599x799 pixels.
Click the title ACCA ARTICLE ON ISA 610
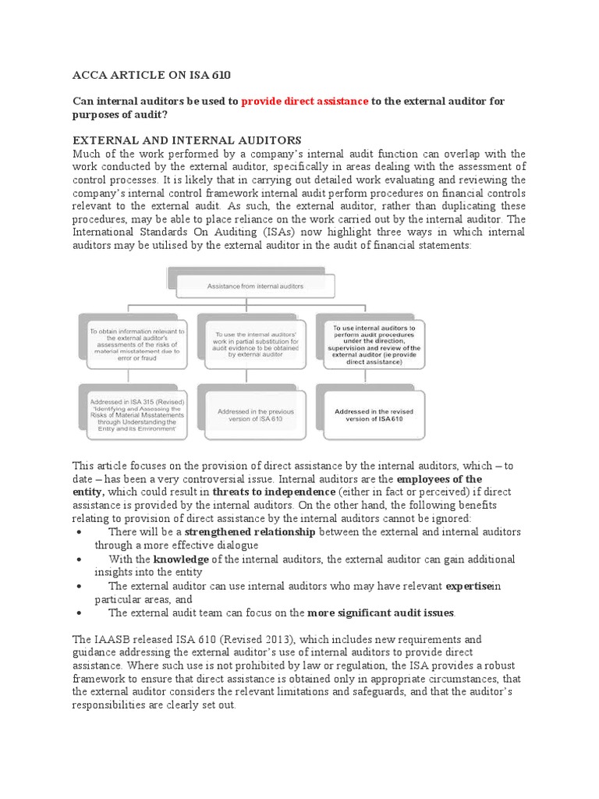[x=151, y=75]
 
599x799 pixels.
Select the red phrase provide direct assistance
[x=305, y=101]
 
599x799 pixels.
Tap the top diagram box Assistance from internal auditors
[x=256, y=286]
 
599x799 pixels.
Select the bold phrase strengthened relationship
[x=250, y=531]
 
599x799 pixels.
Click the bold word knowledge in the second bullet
[x=181, y=559]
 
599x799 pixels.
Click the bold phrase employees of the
[x=439, y=478]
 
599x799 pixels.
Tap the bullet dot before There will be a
[x=81, y=532]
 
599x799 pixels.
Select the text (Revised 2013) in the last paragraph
[x=246, y=638]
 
